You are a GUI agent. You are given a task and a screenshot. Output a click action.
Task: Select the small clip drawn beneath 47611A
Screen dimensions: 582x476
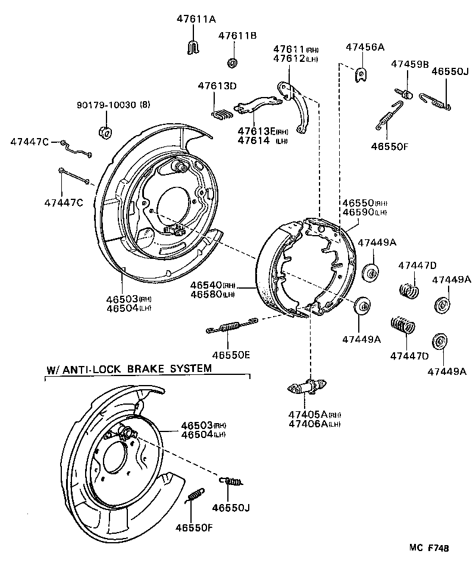192,46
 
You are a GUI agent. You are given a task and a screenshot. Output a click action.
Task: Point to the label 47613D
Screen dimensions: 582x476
217,86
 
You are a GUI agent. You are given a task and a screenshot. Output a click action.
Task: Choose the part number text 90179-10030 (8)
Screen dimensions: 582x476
113,105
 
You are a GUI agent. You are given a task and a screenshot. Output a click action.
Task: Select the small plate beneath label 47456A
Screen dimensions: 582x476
361,74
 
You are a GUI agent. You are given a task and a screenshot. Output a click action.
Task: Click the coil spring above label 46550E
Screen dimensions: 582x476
230,326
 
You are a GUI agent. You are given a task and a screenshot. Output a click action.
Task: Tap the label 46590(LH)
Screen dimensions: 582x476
364,212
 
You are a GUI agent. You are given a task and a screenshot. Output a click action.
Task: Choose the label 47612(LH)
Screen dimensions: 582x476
295,58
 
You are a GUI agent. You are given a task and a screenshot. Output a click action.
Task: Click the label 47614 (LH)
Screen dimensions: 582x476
262,140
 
